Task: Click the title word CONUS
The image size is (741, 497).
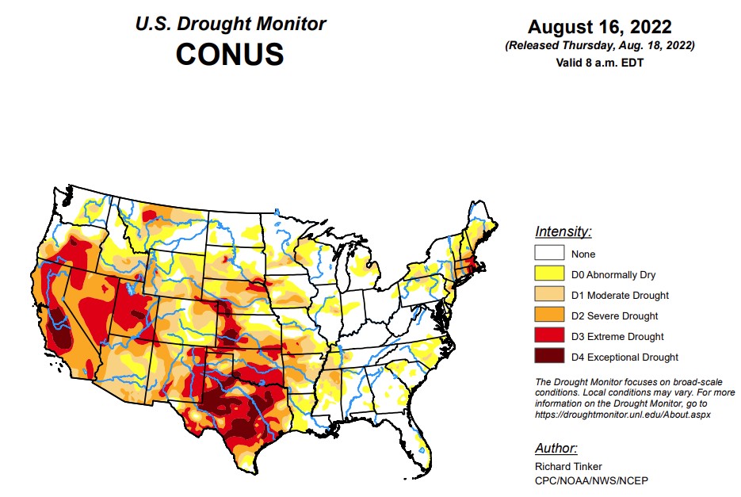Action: (x=229, y=55)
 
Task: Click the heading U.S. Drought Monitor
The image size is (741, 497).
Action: (x=229, y=24)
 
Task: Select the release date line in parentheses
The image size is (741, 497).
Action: (x=600, y=46)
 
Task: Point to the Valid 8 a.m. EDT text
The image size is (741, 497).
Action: (x=600, y=62)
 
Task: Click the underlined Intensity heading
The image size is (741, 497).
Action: (x=563, y=232)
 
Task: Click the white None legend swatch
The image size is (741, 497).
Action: (x=549, y=254)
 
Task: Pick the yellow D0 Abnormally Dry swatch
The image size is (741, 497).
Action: (x=549, y=274)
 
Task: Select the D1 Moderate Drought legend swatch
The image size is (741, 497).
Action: (x=549, y=295)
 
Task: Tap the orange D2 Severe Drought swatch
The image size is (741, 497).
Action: (x=549, y=315)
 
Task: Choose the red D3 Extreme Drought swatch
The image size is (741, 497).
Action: (x=549, y=336)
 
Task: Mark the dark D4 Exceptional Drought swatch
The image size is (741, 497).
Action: (x=549, y=357)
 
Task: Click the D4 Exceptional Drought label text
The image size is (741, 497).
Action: (x=625, y=357)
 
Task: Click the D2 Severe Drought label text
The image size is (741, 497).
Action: (x=614, y=315)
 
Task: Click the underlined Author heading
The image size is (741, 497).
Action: (x=556, y=448)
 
